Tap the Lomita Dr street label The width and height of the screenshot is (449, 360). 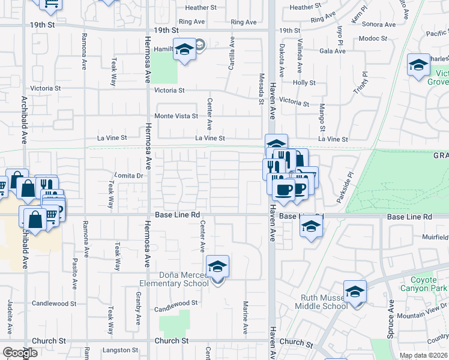pyautogui.click(x=130, y=176)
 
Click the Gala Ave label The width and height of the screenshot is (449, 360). pyautogui.click(x=333, y=51)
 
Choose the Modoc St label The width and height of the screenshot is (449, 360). pyautogui.click(x=375, y=38)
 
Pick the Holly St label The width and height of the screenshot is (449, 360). pyautogui.click(x=304, y=83)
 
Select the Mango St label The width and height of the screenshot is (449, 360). pyautogui.click(x=322, y=118)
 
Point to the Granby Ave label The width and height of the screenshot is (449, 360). pyautogui.click(x=138, y=305)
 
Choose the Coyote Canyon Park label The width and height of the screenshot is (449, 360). pyautogui.click(x=429, y=284)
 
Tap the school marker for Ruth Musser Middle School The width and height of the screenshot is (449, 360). pyautogui.click(x=355, y=292)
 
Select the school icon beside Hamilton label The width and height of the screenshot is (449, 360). pyautogui.click(x=184, y=50)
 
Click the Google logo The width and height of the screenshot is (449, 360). pyautogui.click(x=20, y=353)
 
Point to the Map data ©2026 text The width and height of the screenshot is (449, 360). pyautogui.click(x=423, y=355)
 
